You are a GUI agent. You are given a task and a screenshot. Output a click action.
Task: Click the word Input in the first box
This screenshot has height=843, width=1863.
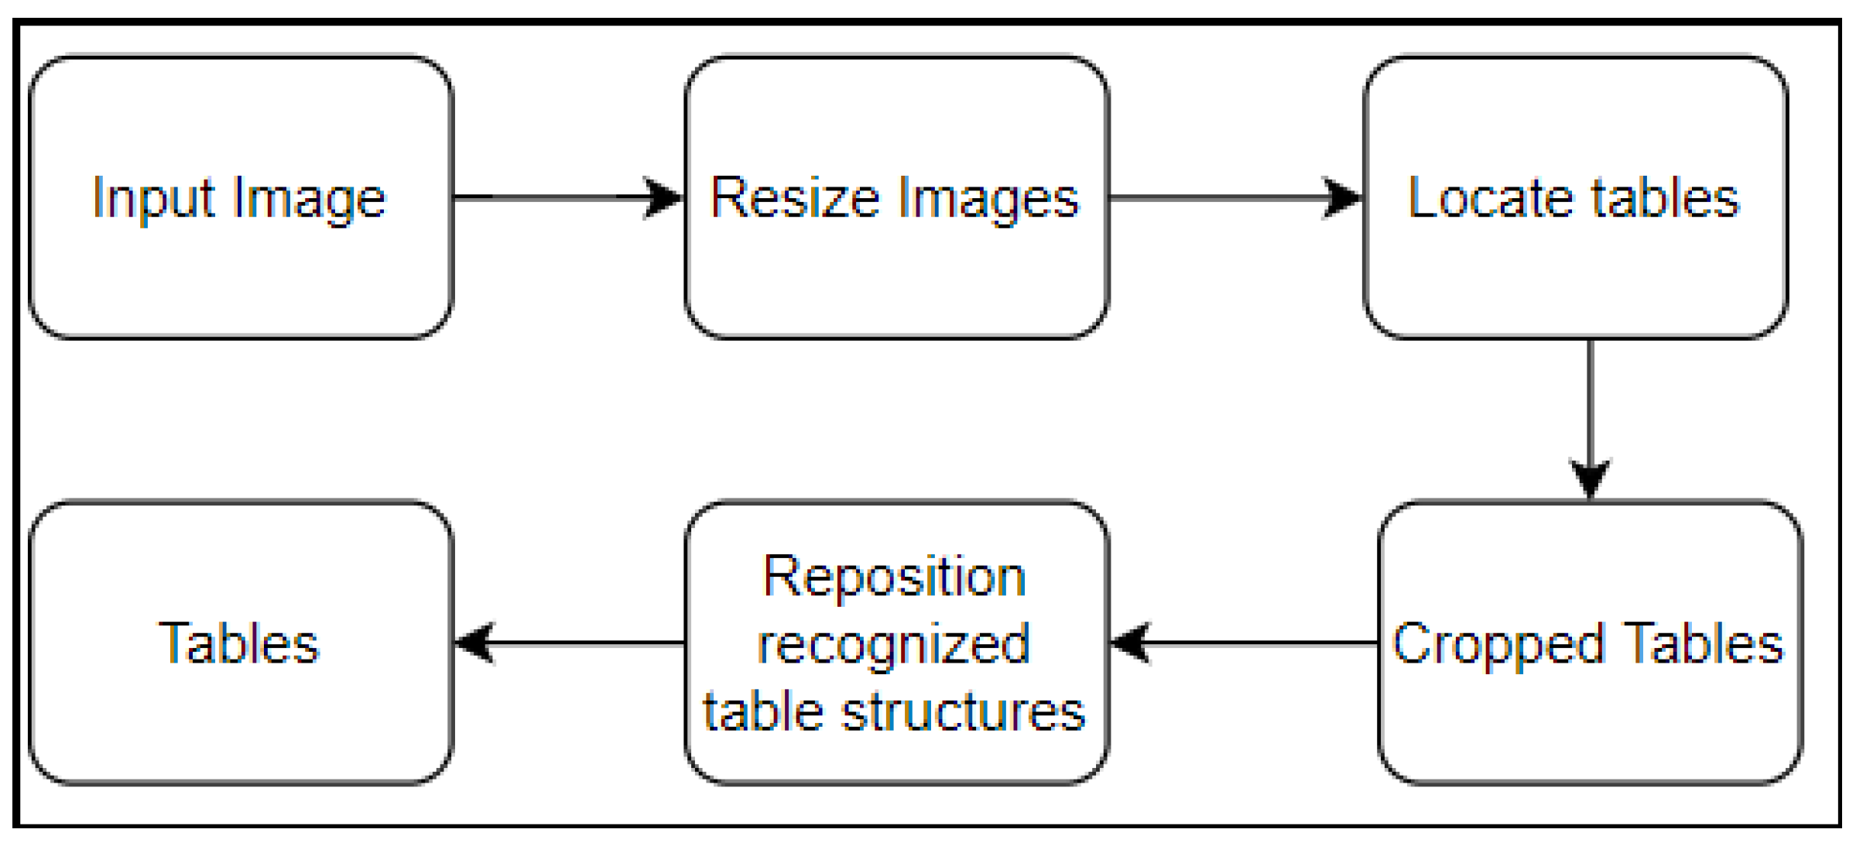(x=152, y=199)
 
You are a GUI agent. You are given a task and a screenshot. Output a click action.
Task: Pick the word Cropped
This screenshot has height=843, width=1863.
(x=1498, y=645)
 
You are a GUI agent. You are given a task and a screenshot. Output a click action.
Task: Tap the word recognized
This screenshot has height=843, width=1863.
(x=893, y=644)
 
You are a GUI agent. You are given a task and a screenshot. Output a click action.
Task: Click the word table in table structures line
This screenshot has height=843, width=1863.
(x=763, y=711)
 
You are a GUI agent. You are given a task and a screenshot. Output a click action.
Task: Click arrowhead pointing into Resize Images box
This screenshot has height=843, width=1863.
(x=663, y=197)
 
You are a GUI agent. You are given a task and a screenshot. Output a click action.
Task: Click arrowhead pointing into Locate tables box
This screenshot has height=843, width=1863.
(x=1342, y=197)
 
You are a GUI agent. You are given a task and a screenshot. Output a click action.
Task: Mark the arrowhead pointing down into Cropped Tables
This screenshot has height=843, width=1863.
(x=1590, y=478)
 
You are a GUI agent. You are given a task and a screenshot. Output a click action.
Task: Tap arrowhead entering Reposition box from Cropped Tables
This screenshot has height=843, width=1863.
(x=1131, y=643)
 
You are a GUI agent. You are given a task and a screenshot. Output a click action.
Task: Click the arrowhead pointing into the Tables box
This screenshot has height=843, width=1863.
(x=474, y=643)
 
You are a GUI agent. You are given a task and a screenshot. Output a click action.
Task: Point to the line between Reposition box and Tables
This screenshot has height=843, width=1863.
(x=588, y=643)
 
